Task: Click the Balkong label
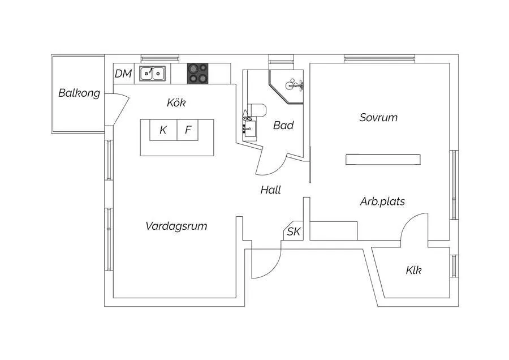point(79,93)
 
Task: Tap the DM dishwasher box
point(123,74)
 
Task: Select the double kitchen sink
point(153,73)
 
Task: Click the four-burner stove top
point(198,73)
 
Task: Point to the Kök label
point(176,103)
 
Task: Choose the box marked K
point(163,130)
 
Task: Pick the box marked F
point(188,130)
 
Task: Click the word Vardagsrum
point(176,226)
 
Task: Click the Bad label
point(283,126)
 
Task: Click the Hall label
point(270,190)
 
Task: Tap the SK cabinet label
point(293,232)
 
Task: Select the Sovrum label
point(378,118)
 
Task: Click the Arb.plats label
point(382,202)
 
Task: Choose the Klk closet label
point(413,271)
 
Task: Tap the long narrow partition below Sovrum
point(383,159)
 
